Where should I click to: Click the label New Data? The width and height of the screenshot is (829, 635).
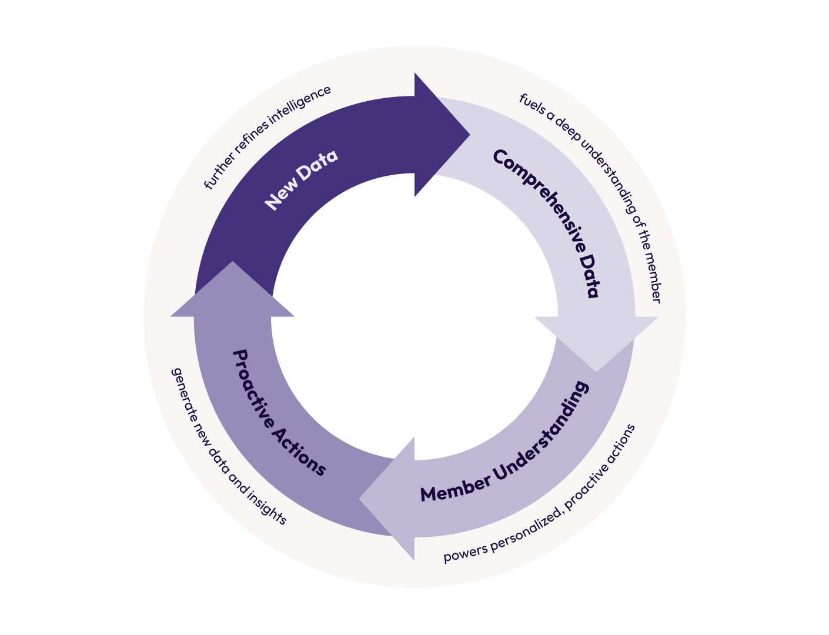tap(301, 179)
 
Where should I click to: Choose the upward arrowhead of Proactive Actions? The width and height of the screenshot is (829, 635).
tap(233, 291)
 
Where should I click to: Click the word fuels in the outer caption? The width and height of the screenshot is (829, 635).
tap(528, 101)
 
